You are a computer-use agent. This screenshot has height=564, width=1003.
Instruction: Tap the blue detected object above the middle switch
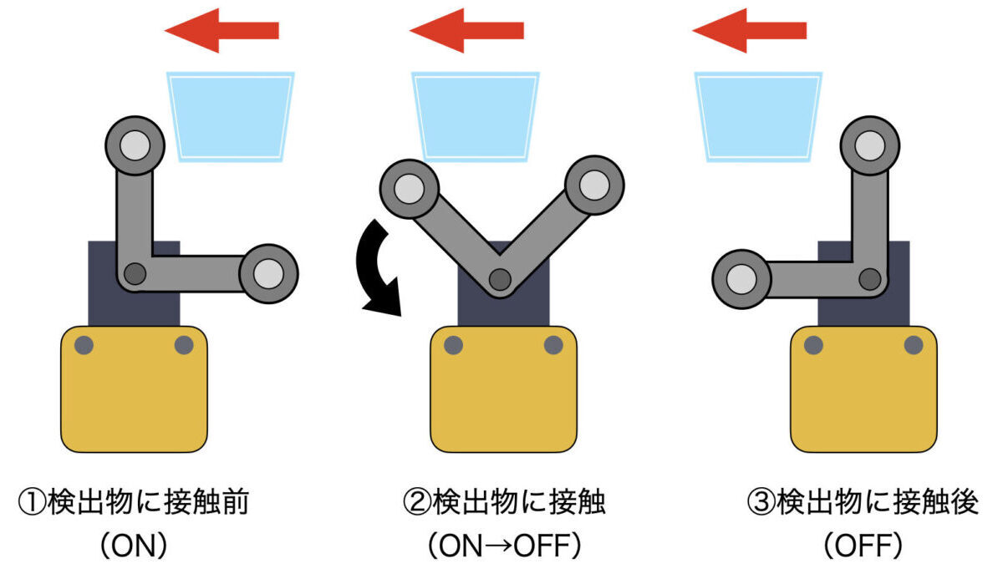(475, 115)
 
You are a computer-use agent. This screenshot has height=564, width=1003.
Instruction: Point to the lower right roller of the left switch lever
(268, 272)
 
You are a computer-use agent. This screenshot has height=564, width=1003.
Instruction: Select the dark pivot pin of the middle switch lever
(500, 280)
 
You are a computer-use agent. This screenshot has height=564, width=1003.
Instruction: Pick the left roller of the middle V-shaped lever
(410, 185)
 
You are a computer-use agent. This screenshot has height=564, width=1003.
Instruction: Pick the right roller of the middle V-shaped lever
(594, 185)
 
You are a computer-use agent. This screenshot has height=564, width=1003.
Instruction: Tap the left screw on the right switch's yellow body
(812, 344)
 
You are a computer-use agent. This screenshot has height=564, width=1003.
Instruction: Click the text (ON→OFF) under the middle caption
(503, 546)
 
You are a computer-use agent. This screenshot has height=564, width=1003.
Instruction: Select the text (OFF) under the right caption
(863, 546)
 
